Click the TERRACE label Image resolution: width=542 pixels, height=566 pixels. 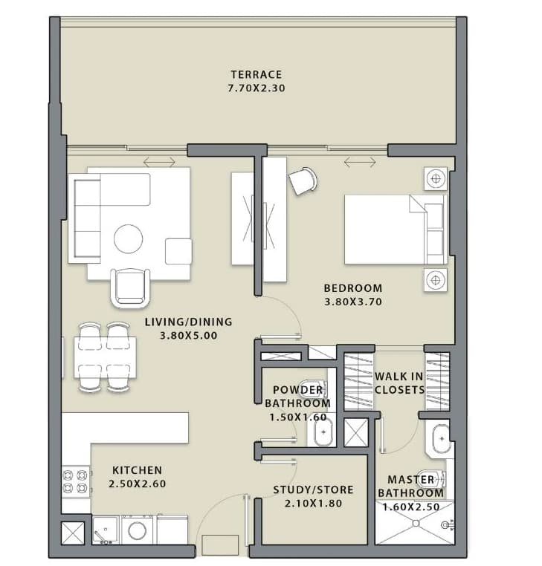[x=257, y=74]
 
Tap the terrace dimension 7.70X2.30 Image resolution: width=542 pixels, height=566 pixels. [x=257, y=88]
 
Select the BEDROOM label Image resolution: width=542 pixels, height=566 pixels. [x=352, y=288]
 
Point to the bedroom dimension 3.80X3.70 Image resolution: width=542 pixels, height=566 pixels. [x=352, y=302]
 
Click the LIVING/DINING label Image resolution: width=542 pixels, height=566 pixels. [x=188, y=322]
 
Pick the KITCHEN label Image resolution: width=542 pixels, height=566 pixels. [x=137, y=470]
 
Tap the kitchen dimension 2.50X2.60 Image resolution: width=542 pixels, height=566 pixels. [x=137, y=484]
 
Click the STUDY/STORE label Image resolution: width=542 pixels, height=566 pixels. [x=313, y=489]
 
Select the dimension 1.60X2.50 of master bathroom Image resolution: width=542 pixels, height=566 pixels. [x=411, y=507]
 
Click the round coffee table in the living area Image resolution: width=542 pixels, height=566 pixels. [x=129, y=238]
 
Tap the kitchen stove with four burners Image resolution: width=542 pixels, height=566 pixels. [x=76, y=481]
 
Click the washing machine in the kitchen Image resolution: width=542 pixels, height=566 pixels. [x=137, y=530]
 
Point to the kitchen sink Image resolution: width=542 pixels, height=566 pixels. [x=105, y=530]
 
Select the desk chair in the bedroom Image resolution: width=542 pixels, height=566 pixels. [x=303, y=180]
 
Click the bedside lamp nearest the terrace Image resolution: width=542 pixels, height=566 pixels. [x=436, y=178]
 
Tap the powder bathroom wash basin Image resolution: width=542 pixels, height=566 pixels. [x=323, y=432]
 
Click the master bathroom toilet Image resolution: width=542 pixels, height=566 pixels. [x=431, y=479]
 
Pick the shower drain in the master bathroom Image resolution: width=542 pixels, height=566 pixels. [x=416, y=523]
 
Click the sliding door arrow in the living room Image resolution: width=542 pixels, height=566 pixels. [x=159, y=162]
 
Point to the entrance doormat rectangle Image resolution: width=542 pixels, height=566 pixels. [x=220, y=545]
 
